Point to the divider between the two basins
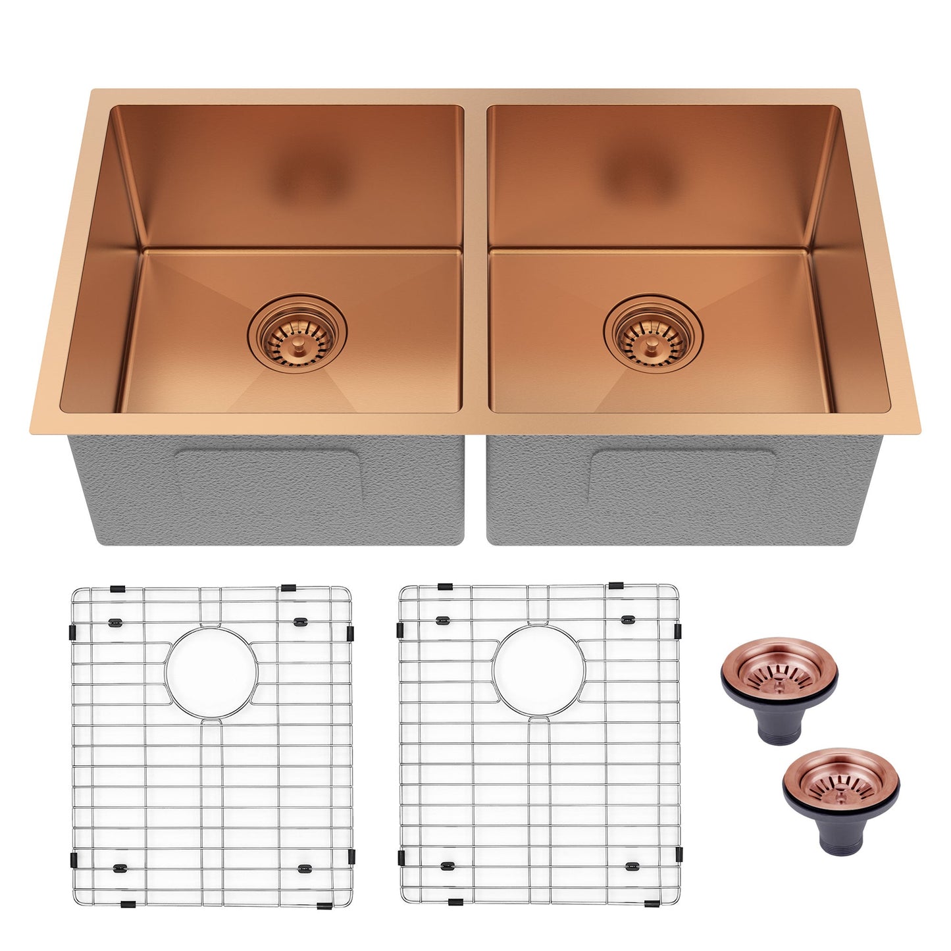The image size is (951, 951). [475, 263]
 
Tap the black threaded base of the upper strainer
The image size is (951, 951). [779, 727]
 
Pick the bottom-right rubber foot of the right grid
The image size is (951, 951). [632, 867]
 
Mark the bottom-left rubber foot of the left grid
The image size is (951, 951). [120, 868]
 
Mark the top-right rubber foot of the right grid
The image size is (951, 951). [628, 619]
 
